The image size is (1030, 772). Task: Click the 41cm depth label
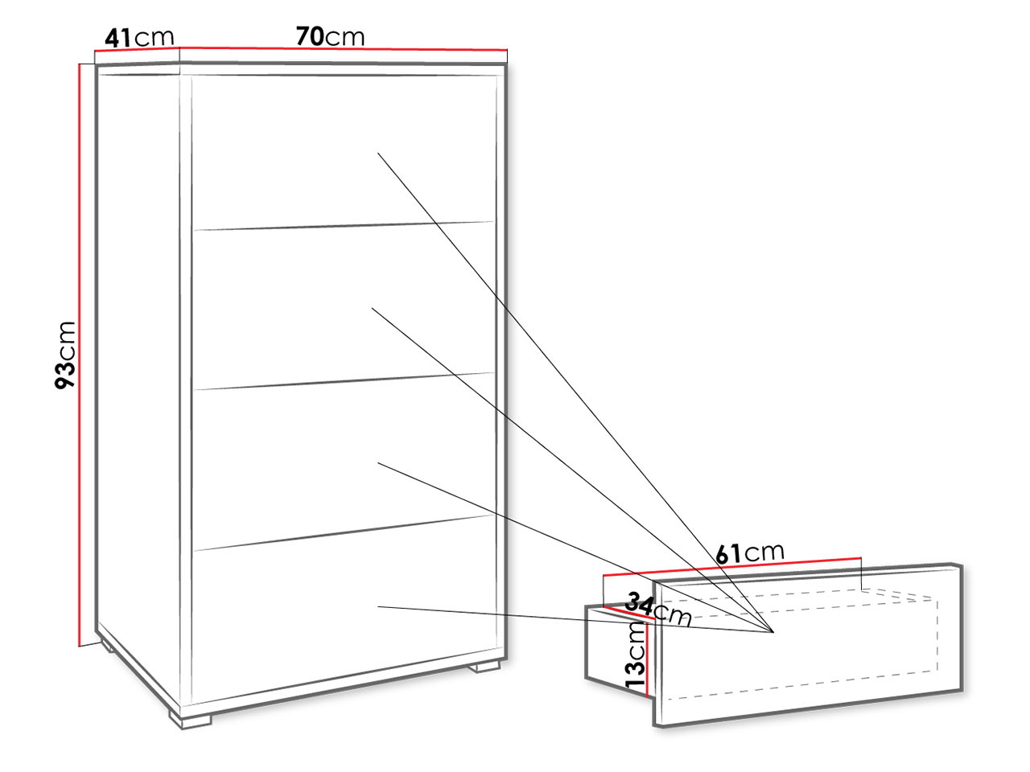[x=139, y=38]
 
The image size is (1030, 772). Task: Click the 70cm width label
[x=330, y=36]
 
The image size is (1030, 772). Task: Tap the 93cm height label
[x=65, y=355]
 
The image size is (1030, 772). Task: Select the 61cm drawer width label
[x=749, y=553]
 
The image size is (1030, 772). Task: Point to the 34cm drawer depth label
[x=658, y=610]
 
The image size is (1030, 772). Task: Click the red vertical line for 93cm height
[x=80, y=355]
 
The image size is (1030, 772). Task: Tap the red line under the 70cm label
[x=344, y=48]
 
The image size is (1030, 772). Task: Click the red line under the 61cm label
[x=732, y=566]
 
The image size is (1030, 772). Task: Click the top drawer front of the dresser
[x=344, y=152]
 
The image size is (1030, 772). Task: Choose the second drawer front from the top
[x=344, y=306]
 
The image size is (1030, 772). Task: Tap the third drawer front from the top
[x=344, y=462]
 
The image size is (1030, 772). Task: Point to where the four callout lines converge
[x=772, y=632]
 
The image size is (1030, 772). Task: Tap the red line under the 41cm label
[x=137, y=49]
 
